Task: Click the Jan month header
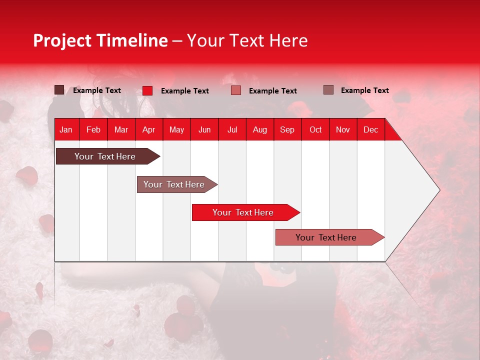tap(66, 130)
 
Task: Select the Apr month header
tap(148, 130)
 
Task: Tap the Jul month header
tap(232, 130)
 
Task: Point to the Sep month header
tap(287, 130)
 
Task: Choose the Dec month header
tap(370, 130)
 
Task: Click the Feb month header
tap(93, 130)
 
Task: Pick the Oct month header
tap(315, 130)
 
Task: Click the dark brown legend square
tap(59, 90)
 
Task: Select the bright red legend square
tap(147, 90)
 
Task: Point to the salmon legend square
tap(236, 90)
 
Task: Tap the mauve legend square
tap(328, 90)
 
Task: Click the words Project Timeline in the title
tap(100, 40)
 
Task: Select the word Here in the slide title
tap(288, 40)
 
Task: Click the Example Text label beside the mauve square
tap(364, 90)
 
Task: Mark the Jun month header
tap(204, 130)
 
